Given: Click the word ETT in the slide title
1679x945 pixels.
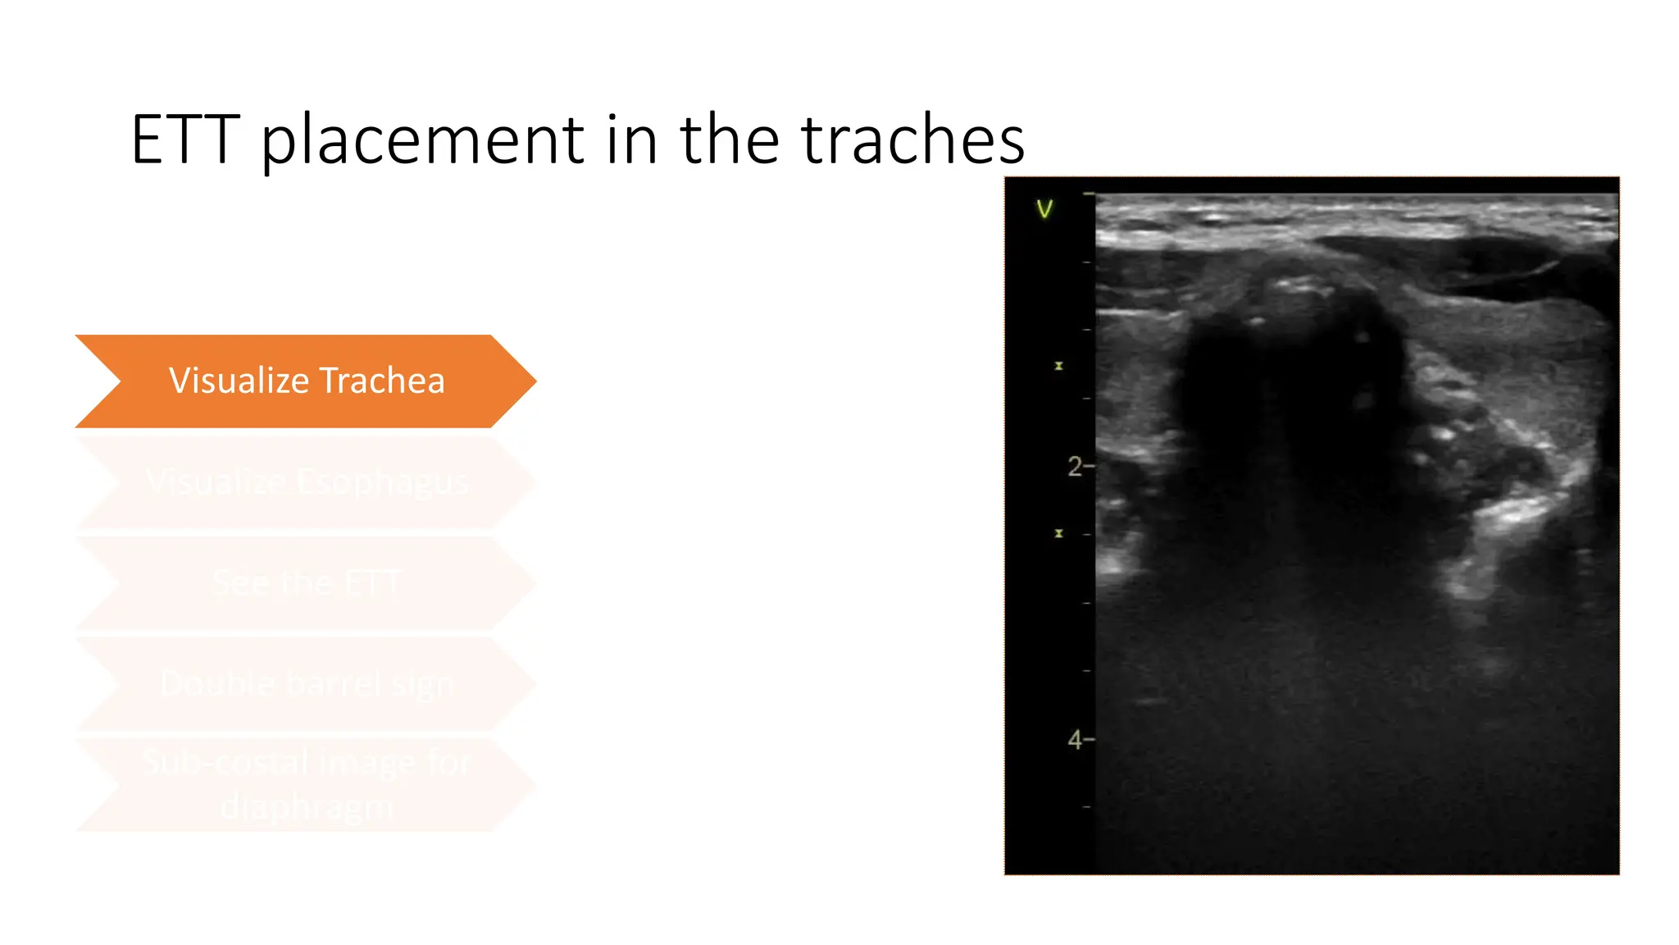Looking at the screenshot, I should tap(185, 140).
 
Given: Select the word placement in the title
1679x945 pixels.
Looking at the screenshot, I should tap(423, 140).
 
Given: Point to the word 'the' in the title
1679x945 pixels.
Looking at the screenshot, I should tap(729, 140).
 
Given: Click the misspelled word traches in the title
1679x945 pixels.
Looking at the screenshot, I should tap(912, 140).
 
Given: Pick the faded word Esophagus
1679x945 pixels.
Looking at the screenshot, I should tap(381, 482).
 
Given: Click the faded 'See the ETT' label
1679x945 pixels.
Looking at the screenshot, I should tap(307, 583).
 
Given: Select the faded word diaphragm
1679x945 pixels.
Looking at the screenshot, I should tap(307, 807).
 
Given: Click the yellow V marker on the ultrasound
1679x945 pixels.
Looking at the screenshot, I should tap(1044, 209).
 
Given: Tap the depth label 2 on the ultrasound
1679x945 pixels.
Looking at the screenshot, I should tap(1075, 467).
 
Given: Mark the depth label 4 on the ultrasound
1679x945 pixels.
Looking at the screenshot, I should tap(1075, 740).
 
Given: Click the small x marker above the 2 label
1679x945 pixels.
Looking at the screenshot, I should tap(1058, 366).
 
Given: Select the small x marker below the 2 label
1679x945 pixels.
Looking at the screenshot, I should tap(1058, 533).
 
